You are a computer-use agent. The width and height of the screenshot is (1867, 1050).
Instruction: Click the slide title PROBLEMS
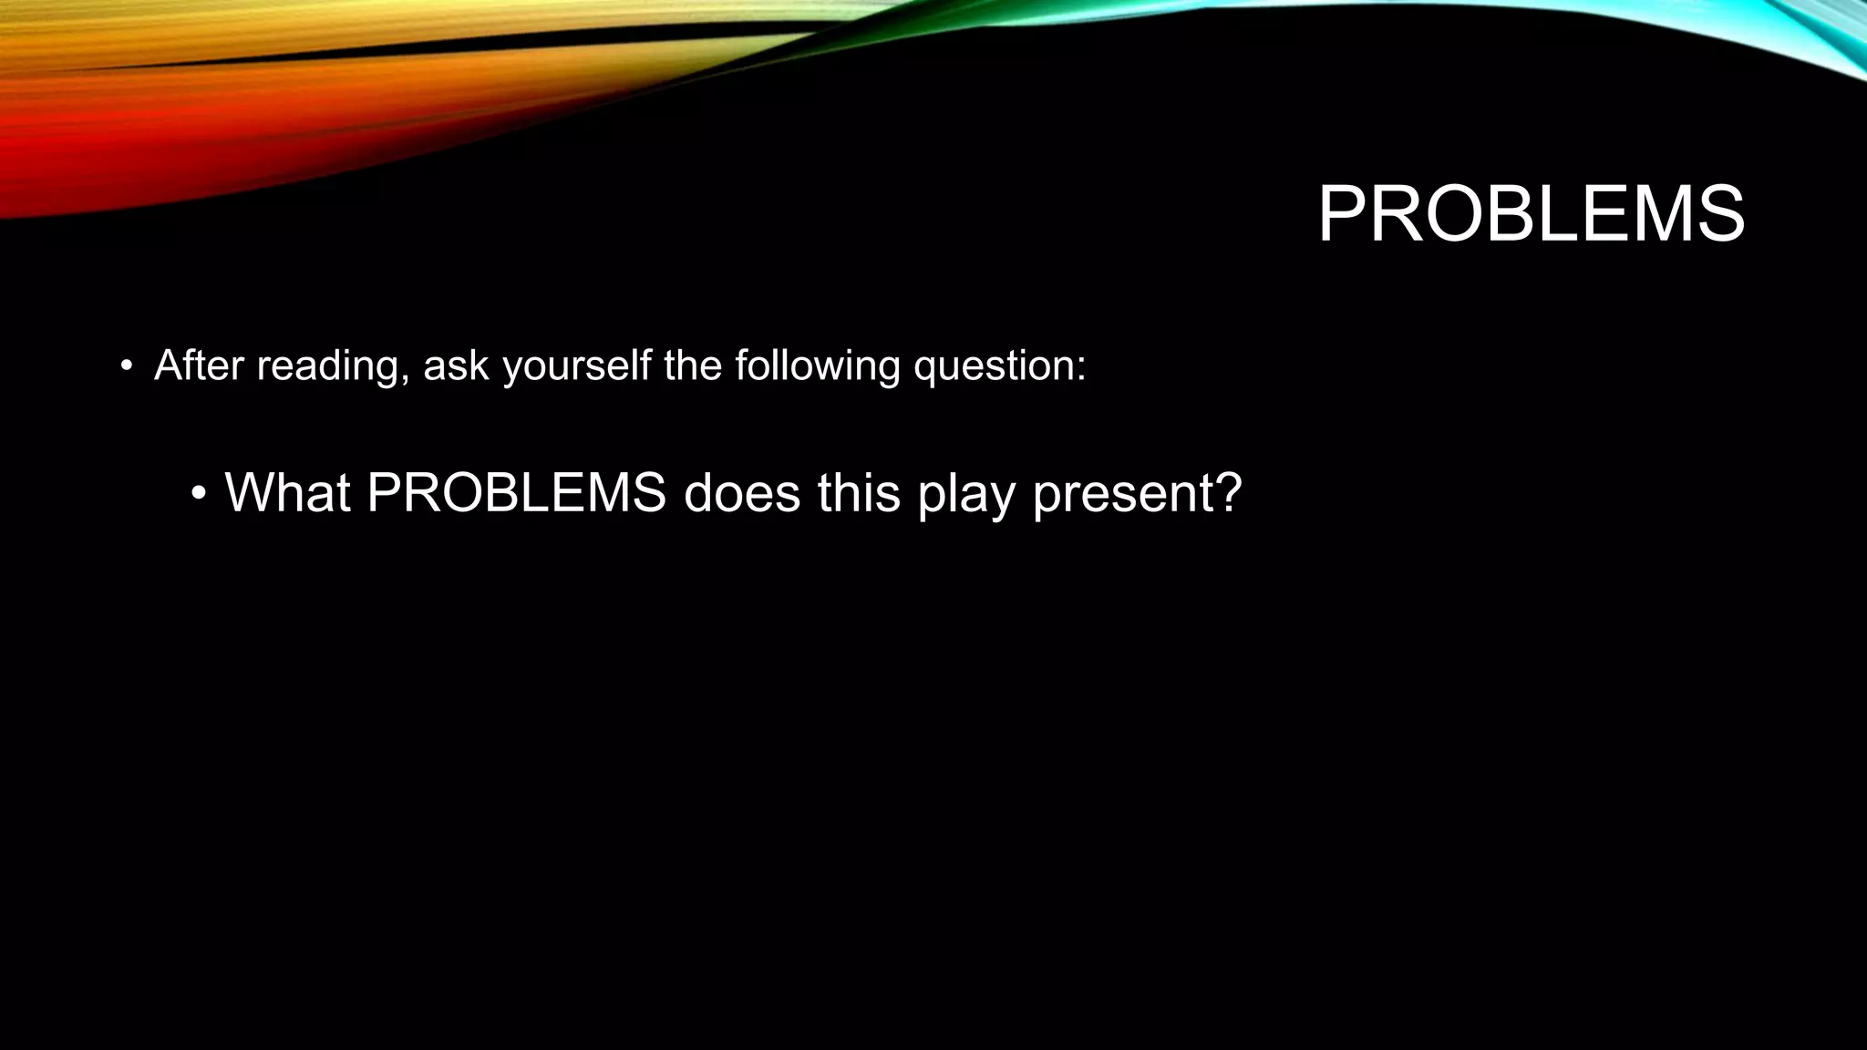1531,215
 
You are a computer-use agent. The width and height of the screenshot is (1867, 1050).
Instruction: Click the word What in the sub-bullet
287,492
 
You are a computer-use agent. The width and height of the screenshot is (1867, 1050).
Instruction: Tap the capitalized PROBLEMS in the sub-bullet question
516,492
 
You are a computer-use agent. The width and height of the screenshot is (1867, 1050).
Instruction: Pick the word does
741,492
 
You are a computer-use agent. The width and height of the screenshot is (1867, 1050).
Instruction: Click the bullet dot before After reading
127,367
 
